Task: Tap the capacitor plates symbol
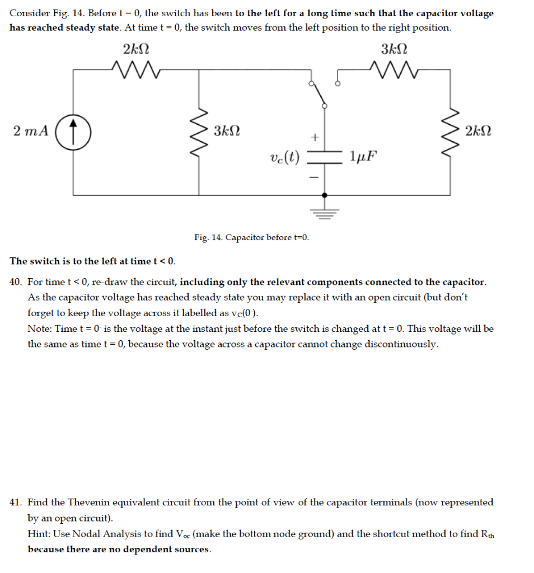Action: click(325, 155)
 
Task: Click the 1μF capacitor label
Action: click(362, 156)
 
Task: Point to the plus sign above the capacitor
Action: click(315, 136)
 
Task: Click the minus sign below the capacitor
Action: click(314, 177)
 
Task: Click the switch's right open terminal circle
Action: click(337, 84)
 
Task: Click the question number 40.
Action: click(16, 282)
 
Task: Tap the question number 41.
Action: click(16, 502)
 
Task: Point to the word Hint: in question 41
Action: click(40, 533)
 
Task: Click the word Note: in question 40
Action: click(40, 328)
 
